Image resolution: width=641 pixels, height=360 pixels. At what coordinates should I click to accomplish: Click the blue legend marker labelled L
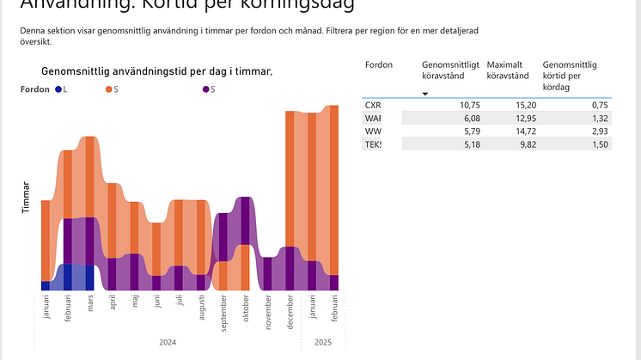[58, 89]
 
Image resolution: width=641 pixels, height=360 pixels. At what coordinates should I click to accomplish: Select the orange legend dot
[109, 89]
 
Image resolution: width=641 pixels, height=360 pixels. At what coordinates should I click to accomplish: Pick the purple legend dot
[206, 89]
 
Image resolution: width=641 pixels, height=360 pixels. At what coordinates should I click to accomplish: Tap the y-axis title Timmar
[27, 197]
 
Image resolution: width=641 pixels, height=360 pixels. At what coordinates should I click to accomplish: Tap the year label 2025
[323, 342]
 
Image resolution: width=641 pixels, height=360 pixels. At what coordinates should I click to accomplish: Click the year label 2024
[168, 342]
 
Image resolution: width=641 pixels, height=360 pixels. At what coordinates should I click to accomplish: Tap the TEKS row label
[373, 144]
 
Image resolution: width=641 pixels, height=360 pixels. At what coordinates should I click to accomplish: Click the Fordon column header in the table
[379, 64]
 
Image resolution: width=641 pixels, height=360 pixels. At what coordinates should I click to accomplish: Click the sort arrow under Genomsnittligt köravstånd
[424, 93]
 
